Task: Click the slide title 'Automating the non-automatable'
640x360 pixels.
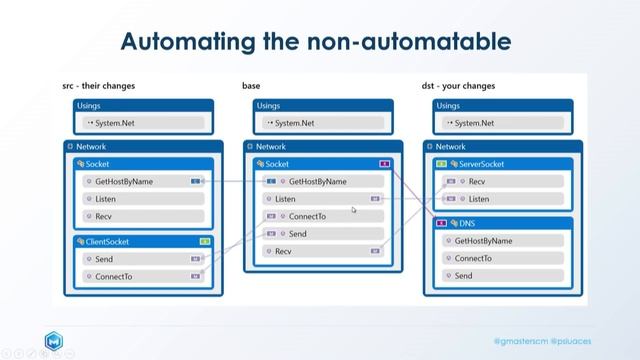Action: [x=315, y=41]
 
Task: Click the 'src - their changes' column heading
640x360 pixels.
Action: [x=98, y=86]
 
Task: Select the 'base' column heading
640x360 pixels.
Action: [x=251, y=86]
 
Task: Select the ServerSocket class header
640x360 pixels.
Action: [x=478, y=163]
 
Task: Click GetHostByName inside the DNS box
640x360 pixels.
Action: [x=483, y=241]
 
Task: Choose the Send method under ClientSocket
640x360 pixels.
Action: [x=104, y=258]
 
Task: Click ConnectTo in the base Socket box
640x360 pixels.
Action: [x=307, y=216]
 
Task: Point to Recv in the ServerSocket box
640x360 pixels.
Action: [x=477, y=181]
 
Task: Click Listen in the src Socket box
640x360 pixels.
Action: [x=107, y=199]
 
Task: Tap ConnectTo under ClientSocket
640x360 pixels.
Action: [x=113, y=276]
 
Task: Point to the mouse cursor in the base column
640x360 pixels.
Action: [x=354, y=210]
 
